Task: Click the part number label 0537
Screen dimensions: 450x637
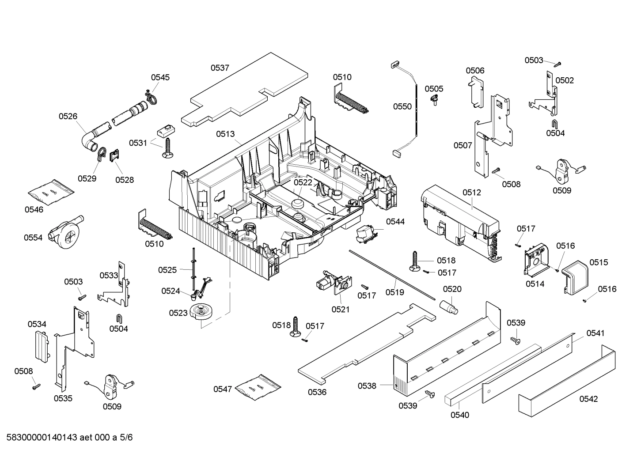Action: pyautogui.click(x=220, y=68)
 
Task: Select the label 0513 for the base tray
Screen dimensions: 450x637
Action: pyautogui.click(x=225, y=134)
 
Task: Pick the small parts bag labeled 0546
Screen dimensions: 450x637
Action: pyautogui.click(x=51, y=189)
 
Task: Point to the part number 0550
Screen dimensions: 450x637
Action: pyautogui.click(x=402, y=106)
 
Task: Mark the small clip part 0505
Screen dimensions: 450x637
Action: pyautogui.click(x=436, y=100)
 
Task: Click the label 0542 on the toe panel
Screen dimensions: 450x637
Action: pyautogui.click(x=588, y=399)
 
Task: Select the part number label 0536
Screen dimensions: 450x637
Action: pyautogui.click(x=317, y=392)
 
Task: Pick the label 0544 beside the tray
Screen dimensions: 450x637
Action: pyautogui.click(x=395, y=221)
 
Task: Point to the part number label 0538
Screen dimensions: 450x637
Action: pyautogui.click(x=367, y=386)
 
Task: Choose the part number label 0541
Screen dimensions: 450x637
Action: pyautogui.click(x=595, y=333)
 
